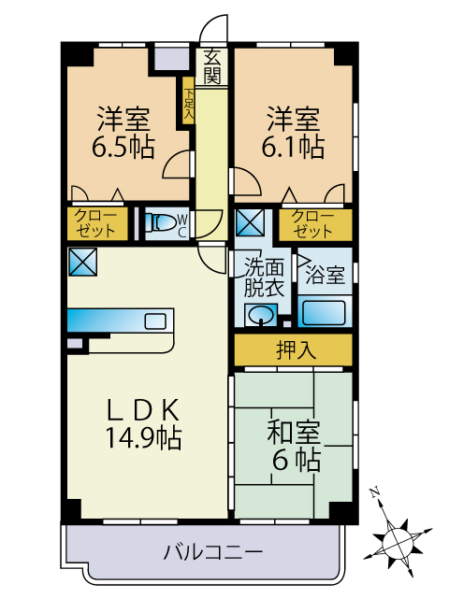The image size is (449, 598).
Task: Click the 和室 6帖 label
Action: pyautogui.click(x=294, y=446)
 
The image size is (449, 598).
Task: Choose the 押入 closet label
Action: pyautogui.click(x=293, y=349)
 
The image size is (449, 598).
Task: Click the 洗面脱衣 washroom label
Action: pyautogui.click(x=263, y=277)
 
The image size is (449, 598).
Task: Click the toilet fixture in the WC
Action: pyautogui.click(x=163, y=223)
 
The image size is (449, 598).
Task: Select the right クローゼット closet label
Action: pyautogui.click(x=311, y=223)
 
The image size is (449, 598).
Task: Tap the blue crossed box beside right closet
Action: pyautogui.click(x=251, y=224)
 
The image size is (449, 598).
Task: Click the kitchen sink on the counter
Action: pyautogui.click(x=156, y=321)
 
